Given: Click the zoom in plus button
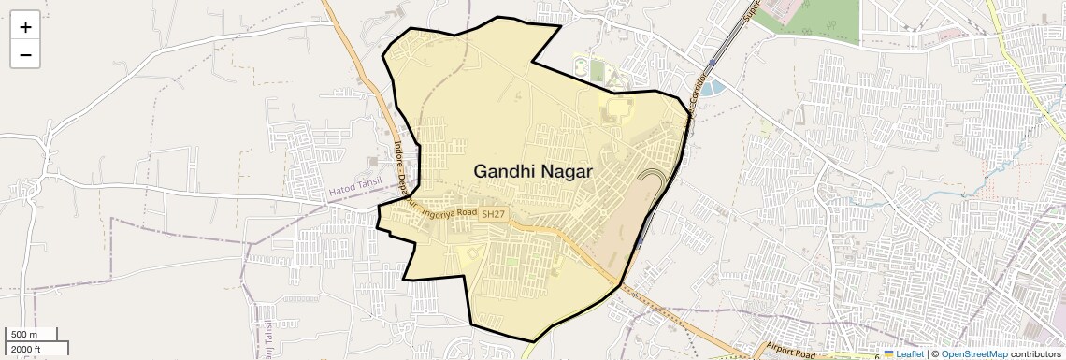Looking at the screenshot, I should point(25,27).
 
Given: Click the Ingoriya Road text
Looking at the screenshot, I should point(450,212).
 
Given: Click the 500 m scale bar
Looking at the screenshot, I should point(33,335).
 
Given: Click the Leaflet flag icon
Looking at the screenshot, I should point(889,354).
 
